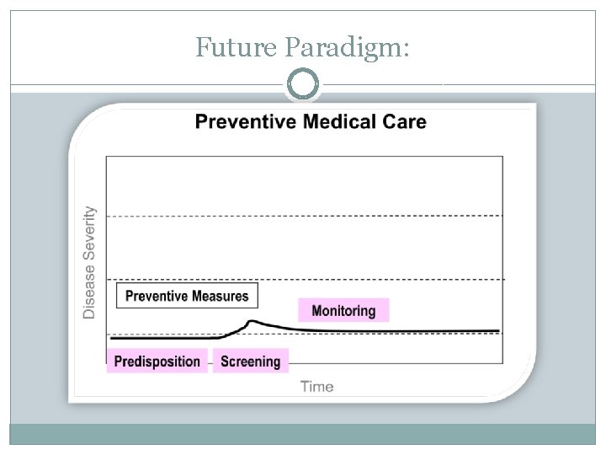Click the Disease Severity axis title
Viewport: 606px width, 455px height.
click(89, 263)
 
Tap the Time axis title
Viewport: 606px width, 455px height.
click(316, 387)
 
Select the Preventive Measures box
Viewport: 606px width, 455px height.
click(187, 296)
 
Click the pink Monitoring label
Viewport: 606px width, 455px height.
click(343, 310)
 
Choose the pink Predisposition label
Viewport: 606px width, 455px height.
click(157, 361)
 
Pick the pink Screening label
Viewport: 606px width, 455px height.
click(250, 361)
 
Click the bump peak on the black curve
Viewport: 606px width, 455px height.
click(252, 321)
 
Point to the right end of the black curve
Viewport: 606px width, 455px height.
click(497, 331)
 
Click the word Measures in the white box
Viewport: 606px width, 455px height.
click(221, 296)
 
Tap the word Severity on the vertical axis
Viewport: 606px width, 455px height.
click(89, 238)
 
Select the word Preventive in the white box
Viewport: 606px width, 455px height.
click(157, 296)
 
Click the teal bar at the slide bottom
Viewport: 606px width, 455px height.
click(303, 434)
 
